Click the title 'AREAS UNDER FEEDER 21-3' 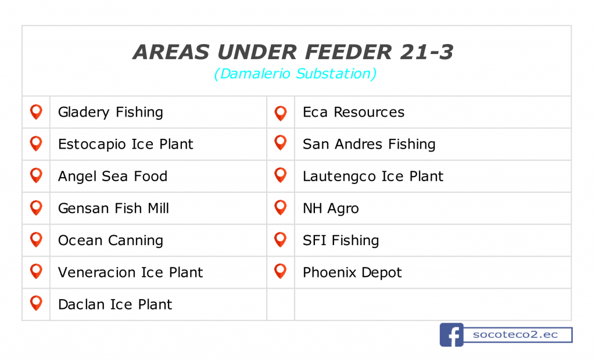pyautogui.click(x=293, y=52)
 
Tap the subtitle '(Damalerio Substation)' pyautogui.click(x=295, y=74)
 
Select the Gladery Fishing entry pyautogui.click(x=110, y=112)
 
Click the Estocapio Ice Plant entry pyautogui.click(x=126, y=144)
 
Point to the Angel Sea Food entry pyautogui.click(x=113, y=177)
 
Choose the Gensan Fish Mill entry pyautogui.click(x=113, y=208)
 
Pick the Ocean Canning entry pyautogui.click(x=110, y=240)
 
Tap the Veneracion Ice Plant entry pyautogui.click(x=131, y=272)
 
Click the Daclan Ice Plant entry pyautogui.click(x=115, y=304)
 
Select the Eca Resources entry pyautogui.click(x=354, y=112)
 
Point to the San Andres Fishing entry pyautogui.click(x=369, y=144)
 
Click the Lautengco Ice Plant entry pyautogui.click(x=373, y=177)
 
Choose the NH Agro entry pyautogui.click(x=331, y=208)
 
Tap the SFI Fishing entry pyautogui.click(x=340, y=240)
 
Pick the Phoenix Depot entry pyautogui.click(x=352, y=272)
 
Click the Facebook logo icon pyautogui.click(x=451, y=334)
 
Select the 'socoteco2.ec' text pyautogui.click(x=515, y=334)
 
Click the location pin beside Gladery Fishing pyautogui.click(x=36, y=112)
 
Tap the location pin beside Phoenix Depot pyautogui.click(x=281, y=271)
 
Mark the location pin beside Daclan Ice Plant pyautogui.click(x=36, y=303)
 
